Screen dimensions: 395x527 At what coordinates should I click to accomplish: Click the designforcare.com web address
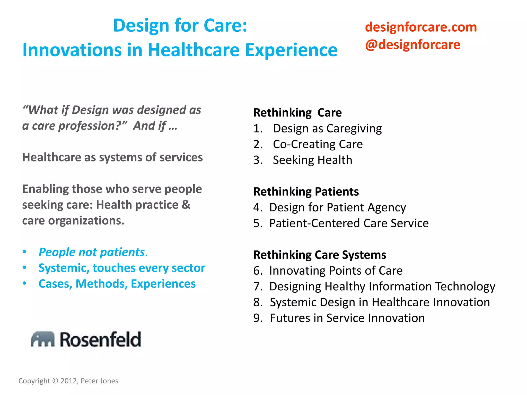[421, 27]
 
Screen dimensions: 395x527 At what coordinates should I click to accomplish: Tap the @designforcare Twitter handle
[412, 45]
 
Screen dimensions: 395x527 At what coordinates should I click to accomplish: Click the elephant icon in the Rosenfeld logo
[42, 339]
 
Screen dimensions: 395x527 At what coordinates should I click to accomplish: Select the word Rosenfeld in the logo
[100, 339]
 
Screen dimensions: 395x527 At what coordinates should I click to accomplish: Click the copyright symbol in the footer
[55, 381]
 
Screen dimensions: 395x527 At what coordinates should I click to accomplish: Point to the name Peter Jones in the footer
[99, 381]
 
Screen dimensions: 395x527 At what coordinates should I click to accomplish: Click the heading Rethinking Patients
[306, 192]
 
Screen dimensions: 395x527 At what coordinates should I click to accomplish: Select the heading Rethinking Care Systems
[319, 255]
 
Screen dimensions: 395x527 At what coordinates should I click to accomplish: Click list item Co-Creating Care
[318, 144]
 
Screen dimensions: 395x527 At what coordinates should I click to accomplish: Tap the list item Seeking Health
[312, 160]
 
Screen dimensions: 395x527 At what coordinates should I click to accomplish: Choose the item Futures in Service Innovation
[347, 318]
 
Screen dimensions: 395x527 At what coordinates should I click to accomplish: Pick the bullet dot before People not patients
[24, 252]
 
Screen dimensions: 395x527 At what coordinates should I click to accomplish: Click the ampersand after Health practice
[186, 205]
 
